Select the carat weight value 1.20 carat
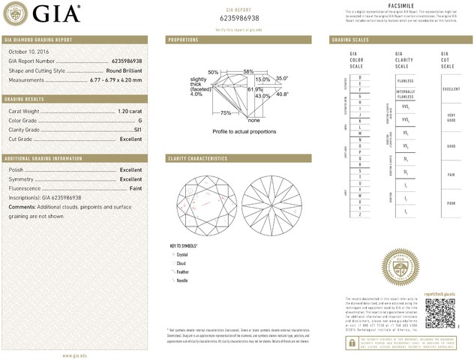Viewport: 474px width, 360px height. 130,111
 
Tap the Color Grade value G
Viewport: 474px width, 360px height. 139,120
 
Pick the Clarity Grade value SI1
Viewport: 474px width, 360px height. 137,130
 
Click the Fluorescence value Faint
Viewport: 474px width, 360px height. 133,189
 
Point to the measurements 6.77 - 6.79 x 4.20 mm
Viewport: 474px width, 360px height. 115,79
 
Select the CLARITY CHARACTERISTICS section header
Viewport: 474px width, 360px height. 197,159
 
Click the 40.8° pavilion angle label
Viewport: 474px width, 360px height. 283,94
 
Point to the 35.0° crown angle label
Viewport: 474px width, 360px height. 282,78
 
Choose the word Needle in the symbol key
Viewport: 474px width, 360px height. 182,280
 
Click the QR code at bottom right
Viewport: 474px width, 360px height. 440,310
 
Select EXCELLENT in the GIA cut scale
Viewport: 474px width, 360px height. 451,88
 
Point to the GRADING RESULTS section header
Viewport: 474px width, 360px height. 26,99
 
